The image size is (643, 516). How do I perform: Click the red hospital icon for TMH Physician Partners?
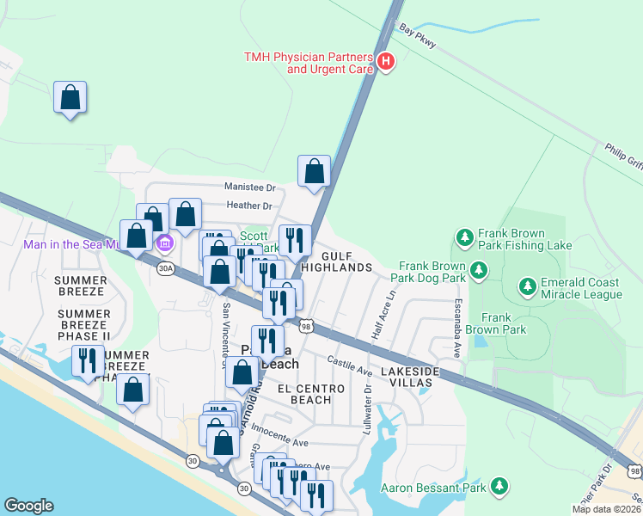(x=386, y=61)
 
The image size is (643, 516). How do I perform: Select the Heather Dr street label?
(x=249, y=206)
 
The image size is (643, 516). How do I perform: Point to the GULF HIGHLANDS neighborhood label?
(x=347, y=262)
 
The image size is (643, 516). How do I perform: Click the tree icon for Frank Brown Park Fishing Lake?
(x=464, y=236)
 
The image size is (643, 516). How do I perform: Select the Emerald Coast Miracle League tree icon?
(x=526, y=284)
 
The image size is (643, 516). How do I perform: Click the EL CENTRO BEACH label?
(x=310, y=394)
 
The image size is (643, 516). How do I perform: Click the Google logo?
(x=28, y=506)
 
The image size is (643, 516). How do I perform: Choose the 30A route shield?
(x=166, y=268)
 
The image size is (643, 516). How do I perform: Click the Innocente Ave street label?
(x=289, y=442)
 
